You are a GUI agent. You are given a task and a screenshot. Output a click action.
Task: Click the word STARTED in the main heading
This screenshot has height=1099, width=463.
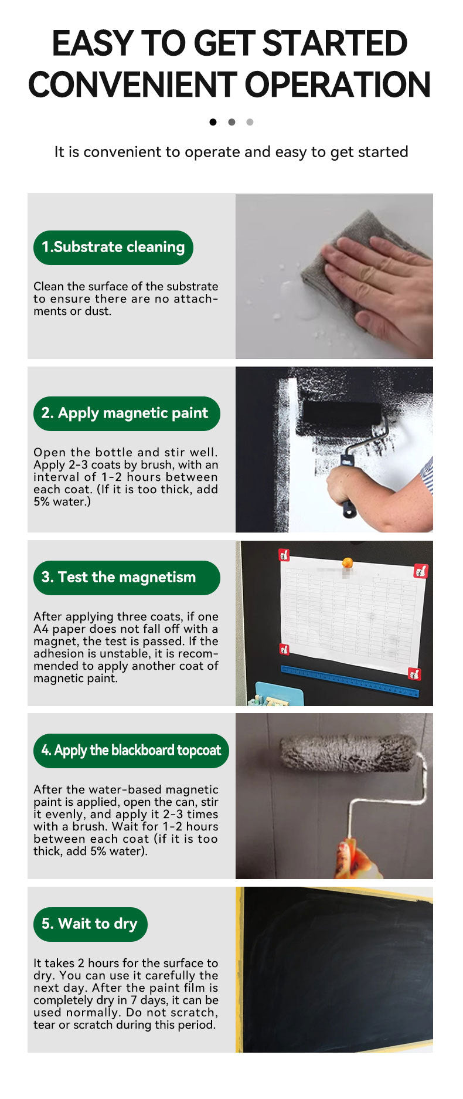(x=334, y=43)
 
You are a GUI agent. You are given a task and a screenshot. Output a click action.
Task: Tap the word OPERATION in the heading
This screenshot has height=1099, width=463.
(x=338, y=84)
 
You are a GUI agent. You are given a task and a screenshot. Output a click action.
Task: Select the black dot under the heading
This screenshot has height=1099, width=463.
(x=213, y=122)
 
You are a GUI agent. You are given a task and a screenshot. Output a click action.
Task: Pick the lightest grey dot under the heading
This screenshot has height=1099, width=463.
(x=250, y=122)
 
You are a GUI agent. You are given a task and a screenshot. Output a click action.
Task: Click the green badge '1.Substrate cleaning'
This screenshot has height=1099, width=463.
(x=113, y=247)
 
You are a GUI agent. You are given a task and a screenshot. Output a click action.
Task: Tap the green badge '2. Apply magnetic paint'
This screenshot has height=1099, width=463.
(x=127, y=413)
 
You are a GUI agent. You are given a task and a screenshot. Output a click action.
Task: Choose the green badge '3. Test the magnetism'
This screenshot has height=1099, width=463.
(x=127, y=578)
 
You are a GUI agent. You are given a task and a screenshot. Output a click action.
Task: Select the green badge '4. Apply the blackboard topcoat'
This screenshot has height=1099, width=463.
(x=131, y=751)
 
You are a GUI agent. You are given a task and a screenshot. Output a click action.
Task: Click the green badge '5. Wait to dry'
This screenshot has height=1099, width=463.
(x=90, y=924)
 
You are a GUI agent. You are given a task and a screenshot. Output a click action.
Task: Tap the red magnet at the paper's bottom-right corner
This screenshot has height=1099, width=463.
(x=414, y=674)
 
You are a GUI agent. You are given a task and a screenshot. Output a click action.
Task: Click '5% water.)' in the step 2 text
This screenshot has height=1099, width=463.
(x=62, y=502)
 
